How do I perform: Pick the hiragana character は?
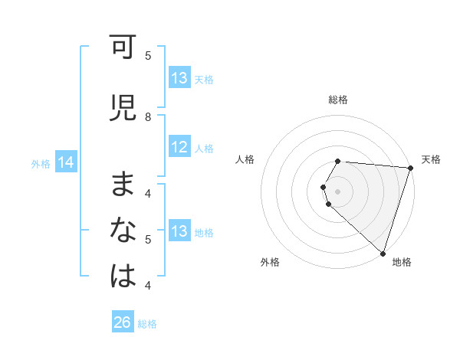(123, 277)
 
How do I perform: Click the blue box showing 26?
(123, 322)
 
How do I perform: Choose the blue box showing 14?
(66, 162)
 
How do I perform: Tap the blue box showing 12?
(179, 148)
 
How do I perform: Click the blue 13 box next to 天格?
(179, 78)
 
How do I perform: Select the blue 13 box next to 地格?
(179, 232)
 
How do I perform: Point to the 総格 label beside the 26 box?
(147, 324)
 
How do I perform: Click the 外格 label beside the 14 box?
(41, 163)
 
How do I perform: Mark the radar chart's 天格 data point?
(410, 169)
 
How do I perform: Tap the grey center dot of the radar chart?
(338, 191)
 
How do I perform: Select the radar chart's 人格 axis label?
(245, 159)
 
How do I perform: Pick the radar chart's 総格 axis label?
(338, 100)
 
